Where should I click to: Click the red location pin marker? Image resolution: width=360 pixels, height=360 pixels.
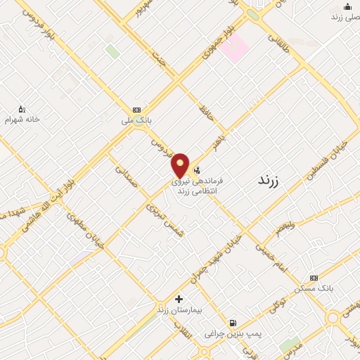[x=180, y=165]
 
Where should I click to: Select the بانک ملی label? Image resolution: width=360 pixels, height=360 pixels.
[x=136, y=122]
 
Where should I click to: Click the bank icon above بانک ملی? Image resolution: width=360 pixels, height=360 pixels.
[x=136, y=110]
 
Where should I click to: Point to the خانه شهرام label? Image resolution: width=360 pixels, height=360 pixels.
[x=23, y=120]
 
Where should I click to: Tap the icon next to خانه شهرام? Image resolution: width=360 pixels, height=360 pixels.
[x=22, y=108]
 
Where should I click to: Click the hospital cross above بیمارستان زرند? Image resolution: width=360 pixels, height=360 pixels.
[x=179, y=299]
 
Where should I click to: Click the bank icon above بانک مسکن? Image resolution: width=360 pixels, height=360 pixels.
[x=314, y=278]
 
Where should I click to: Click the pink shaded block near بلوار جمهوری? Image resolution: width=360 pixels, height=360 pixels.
[x=237, y=47]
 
